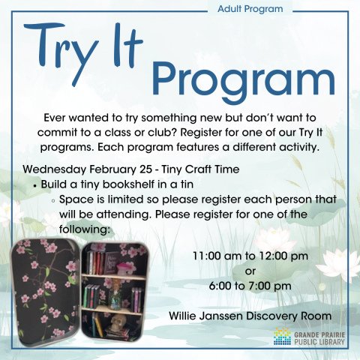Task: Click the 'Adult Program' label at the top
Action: tap(250, 10)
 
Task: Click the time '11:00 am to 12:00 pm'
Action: tap(250, 256)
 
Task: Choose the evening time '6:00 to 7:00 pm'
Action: tap(250, 286)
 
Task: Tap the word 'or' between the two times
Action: tap(250, 271)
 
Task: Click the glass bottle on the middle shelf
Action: tap(116, 298)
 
